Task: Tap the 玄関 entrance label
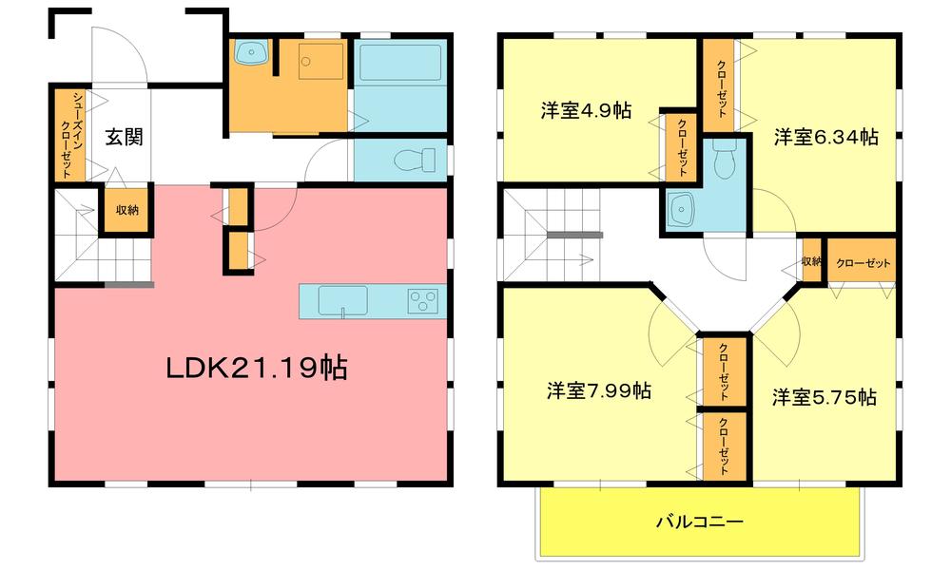(124, 137)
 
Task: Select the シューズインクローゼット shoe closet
(68, 136)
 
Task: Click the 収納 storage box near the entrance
(127, 211)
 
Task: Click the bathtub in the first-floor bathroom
(399, 64)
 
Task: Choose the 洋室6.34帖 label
(825, 138)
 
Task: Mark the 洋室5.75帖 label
(824, 397)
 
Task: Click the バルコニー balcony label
(699, 522)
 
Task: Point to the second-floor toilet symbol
(726, 163)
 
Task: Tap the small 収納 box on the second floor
(811, 262)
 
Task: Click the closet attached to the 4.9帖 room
(682, 146)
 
